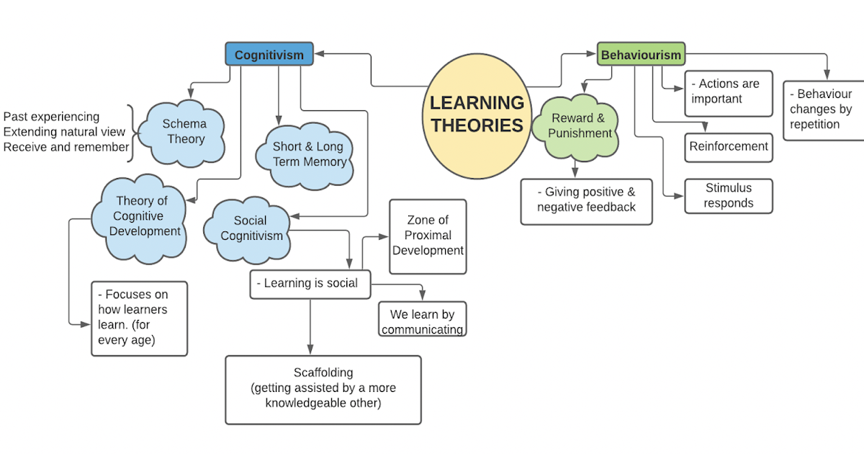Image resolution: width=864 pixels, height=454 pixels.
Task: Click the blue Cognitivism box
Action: [x=269, y=55]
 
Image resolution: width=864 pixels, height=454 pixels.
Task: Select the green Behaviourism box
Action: [x=641, y=55]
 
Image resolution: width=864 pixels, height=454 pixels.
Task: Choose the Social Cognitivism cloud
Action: [x=251, y=228]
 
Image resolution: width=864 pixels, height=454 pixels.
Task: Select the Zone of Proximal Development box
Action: [x=428, y=236]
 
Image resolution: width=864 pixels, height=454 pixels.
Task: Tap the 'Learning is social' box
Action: [x=310, y=284]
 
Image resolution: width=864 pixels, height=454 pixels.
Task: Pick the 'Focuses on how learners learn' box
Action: [x=139, y=318]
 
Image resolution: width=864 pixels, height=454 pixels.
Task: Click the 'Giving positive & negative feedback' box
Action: [x=586, y=201]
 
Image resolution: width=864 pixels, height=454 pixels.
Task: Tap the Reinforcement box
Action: [x=729, y=147]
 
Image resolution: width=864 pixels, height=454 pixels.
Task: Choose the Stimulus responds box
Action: [x=728, y=196]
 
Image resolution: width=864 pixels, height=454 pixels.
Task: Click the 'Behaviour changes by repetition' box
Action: [x=823, y=110]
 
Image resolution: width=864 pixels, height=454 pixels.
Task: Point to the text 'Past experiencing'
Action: [x=52, y=117]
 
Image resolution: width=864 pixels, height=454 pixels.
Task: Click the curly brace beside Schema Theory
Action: [x=131, y=130]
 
